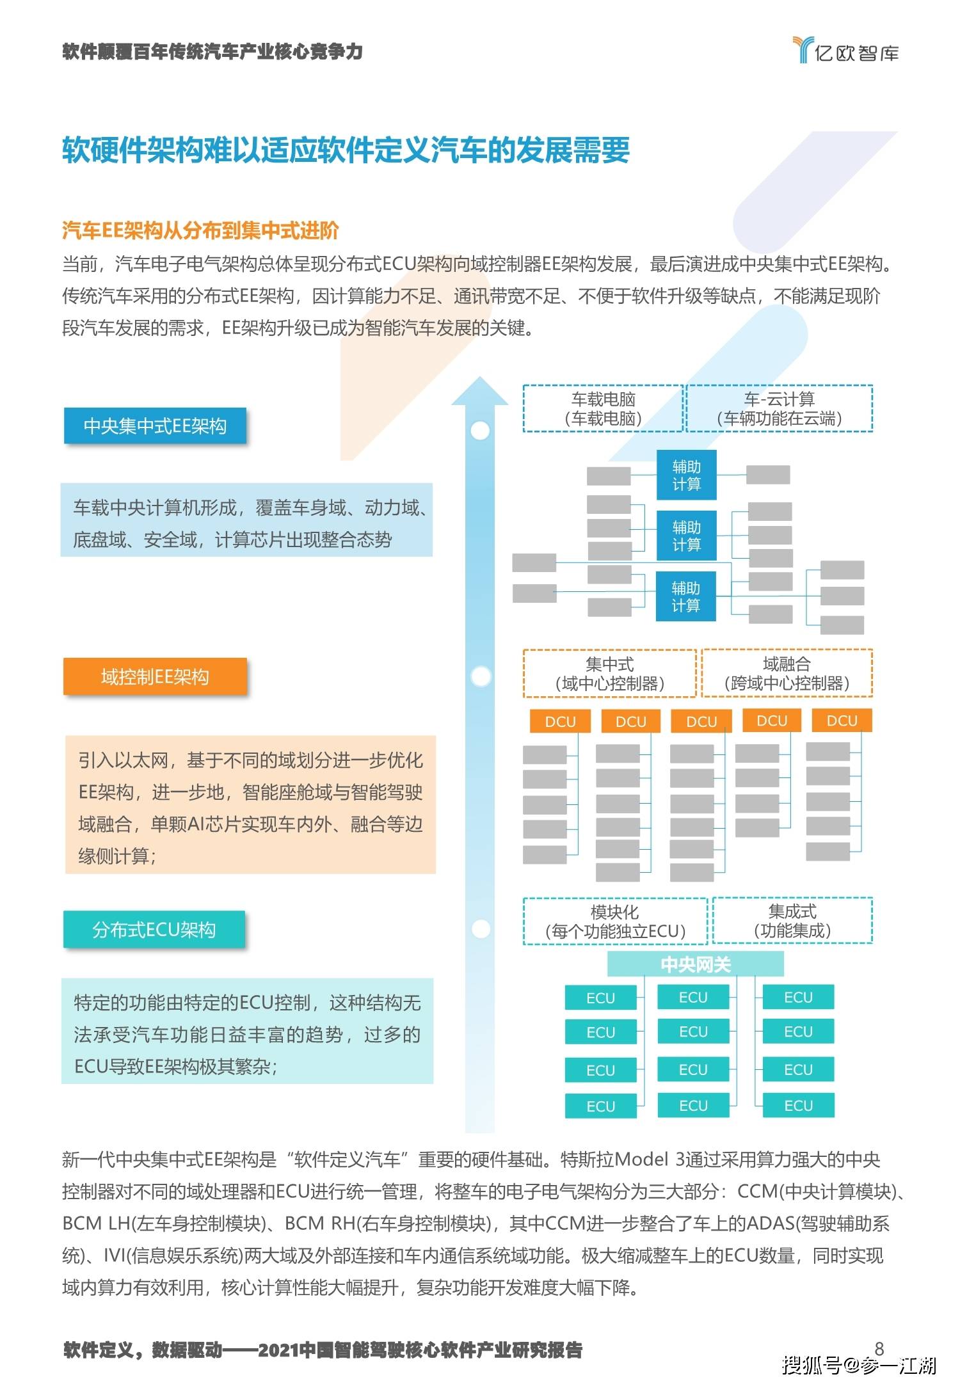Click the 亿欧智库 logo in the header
click(x=845, y=50)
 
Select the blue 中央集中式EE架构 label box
click(x=155, y=426)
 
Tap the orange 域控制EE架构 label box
click(x=155, y=676)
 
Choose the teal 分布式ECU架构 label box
click(x=154, y=929)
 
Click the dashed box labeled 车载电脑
click(x=603, y=408)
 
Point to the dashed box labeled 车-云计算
click(x=780, y=408)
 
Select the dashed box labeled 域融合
click(x=787, y=673)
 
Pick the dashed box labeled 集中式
click(x=609, y=673)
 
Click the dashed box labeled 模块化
click(x=615, y=921)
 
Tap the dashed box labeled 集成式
click(x=793, y=921)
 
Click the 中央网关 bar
click(x=696, y=964)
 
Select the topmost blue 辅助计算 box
click(x=686, y=475)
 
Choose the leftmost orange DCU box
click(x=560, y=721)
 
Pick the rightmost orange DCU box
click(x=842, y=721)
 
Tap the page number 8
click(x=879, y=1348)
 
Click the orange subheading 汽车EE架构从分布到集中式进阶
click(x=200, y=230)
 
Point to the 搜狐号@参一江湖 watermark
click(x=858, y=1365)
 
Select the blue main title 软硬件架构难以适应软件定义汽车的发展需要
click(x=346, y=150)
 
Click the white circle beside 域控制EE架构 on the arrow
click(x=480, y=676)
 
